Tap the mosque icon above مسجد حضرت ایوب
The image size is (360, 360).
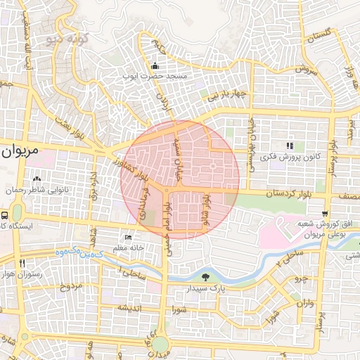click(x=155, y=66)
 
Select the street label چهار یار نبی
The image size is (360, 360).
click(x=223, y=94)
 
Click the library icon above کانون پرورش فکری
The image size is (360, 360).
click(x=289, y=146)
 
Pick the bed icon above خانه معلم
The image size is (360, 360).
click(x=127, y=238)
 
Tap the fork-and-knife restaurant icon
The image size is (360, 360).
click(x=23, y=264)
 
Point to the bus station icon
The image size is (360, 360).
click(x=5, y=216)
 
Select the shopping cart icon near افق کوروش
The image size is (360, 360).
click(x=324, y=214)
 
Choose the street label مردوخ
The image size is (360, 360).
click(x=70, y=286)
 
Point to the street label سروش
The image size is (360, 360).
click(x=307, y=70)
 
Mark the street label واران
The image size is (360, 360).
click(x=305, y=304)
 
